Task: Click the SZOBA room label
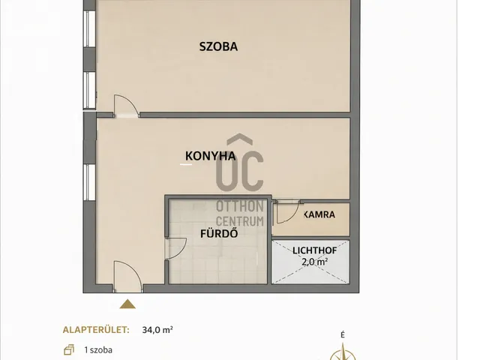(218, 46)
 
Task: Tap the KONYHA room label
(211, 156)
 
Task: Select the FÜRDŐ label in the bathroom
(213, 232)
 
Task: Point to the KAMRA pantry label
(319, 215)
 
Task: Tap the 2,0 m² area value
(313, 262)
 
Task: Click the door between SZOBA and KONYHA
(124, 106)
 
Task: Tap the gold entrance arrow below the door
(128, 303)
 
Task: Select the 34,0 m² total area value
(157, 328)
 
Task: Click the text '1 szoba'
(98, 349)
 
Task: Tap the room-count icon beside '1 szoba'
(70, 349)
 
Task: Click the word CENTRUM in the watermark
(240, 220)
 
